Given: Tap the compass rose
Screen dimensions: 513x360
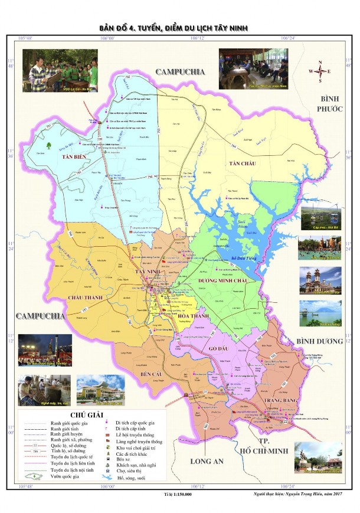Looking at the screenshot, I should pos(319,72).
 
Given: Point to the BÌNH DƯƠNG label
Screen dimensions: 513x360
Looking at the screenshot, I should pos(319,341).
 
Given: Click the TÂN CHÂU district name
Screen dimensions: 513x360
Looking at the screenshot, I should pos(243,163).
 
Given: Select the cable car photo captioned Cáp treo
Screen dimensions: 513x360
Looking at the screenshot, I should pos(321,218).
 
